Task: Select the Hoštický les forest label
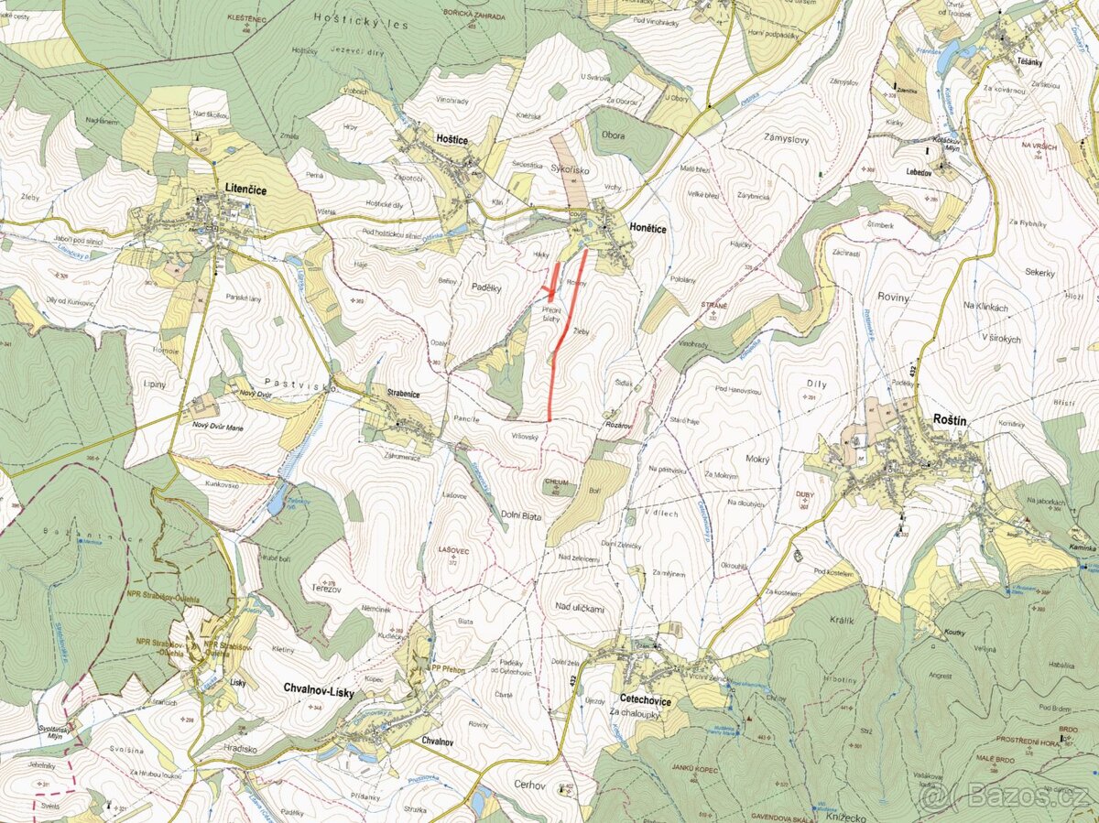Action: [x=346, y=17]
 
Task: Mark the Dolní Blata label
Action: [x=520, y=516]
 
